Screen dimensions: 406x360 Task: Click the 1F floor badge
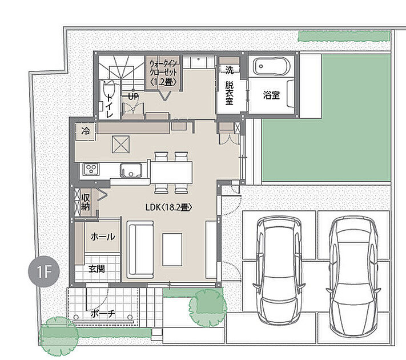point(44,271)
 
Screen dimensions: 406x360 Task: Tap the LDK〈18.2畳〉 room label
point(168,207)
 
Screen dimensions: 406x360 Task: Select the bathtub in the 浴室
point(271,66)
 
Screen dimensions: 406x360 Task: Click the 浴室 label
point(271,95)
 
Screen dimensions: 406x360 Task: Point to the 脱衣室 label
point(229,93)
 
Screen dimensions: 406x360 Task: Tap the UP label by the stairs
point(134,97)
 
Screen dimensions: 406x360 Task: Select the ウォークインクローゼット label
point(163,73)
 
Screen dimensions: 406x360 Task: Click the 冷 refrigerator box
point(85,131)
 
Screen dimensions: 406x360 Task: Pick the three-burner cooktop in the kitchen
point(91,169)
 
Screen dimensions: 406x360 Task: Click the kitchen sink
point(131,170)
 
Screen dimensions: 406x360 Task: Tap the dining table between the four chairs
point(171,173)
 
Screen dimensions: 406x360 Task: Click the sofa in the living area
point(141,249)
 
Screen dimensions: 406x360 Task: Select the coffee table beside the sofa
point(172,249)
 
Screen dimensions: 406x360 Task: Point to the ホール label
point(103,237)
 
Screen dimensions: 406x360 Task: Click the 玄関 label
point(97,269)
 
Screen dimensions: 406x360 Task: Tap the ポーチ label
point(103,314)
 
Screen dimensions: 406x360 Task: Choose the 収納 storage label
point(86,202)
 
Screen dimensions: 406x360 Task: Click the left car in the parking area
point(279,271)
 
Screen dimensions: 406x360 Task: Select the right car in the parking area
point(353,277)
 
